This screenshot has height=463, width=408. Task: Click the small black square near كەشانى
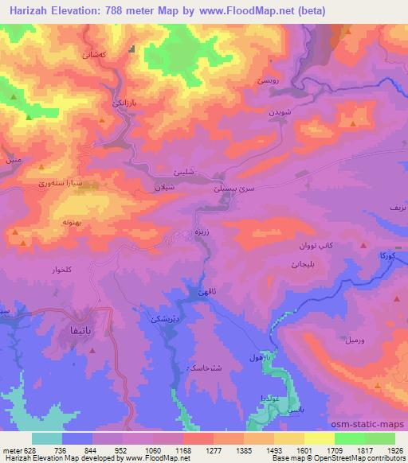(132, 48)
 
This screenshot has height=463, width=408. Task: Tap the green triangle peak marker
(29, 118)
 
